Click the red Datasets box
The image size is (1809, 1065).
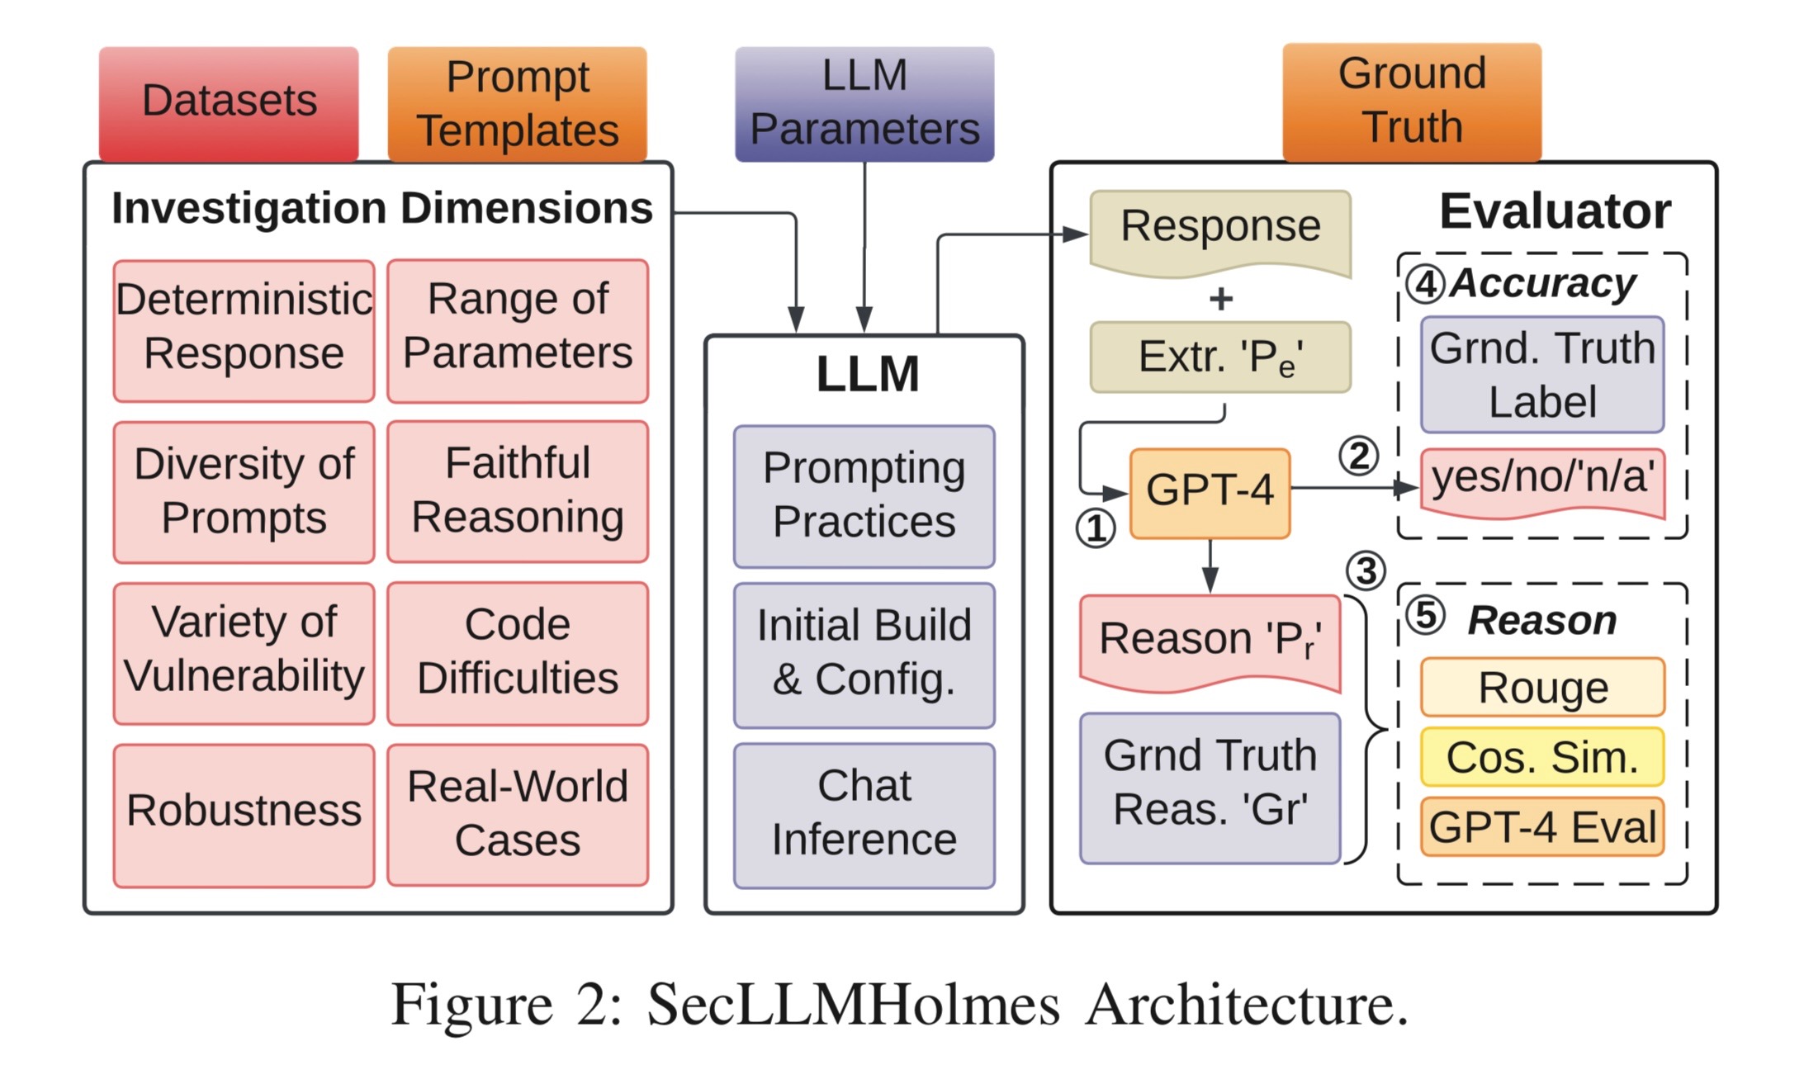[229, 102]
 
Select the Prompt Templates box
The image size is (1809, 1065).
[518, 103]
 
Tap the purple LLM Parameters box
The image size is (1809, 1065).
[864, 103]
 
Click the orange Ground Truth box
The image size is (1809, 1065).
[1412, 101]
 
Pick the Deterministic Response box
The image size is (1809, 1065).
[244, 330]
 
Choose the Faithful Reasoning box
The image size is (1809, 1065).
[518, 491]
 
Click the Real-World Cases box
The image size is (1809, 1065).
[518, 815]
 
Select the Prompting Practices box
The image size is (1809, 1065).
[864, 496]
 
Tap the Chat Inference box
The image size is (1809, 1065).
[864, 815]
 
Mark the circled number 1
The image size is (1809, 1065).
[1096, 528]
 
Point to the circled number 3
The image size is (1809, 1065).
[1366, 570]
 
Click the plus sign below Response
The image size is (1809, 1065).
[1220, 299]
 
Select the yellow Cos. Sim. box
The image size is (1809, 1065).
[1542, 757]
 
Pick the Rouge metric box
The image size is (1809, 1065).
[1542, 688]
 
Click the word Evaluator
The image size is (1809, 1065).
[1555, 211]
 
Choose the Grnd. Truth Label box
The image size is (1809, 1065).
[1542, 375]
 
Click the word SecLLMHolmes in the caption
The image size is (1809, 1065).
[853, 1005]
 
